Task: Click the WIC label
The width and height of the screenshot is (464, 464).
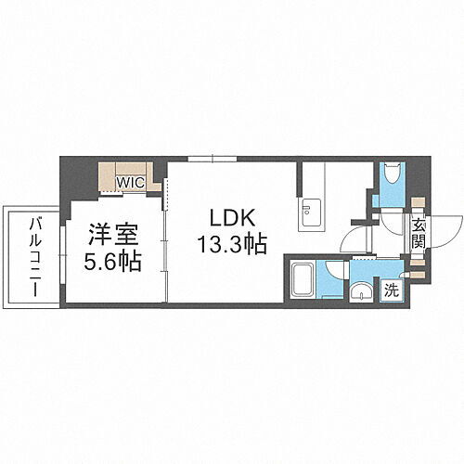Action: [x=129, y=182]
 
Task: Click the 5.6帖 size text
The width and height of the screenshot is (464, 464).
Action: [x=114, y=262]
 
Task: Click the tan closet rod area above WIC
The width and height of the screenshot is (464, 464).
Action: [x=129, y=169]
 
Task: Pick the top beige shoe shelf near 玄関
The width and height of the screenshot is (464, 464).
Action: [x=418, y=206]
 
